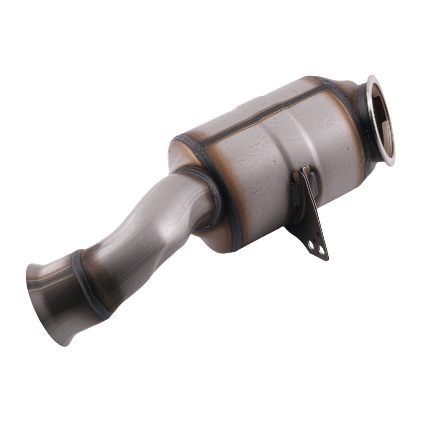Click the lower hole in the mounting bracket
click(321, 251)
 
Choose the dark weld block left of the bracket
click(295, 194)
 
